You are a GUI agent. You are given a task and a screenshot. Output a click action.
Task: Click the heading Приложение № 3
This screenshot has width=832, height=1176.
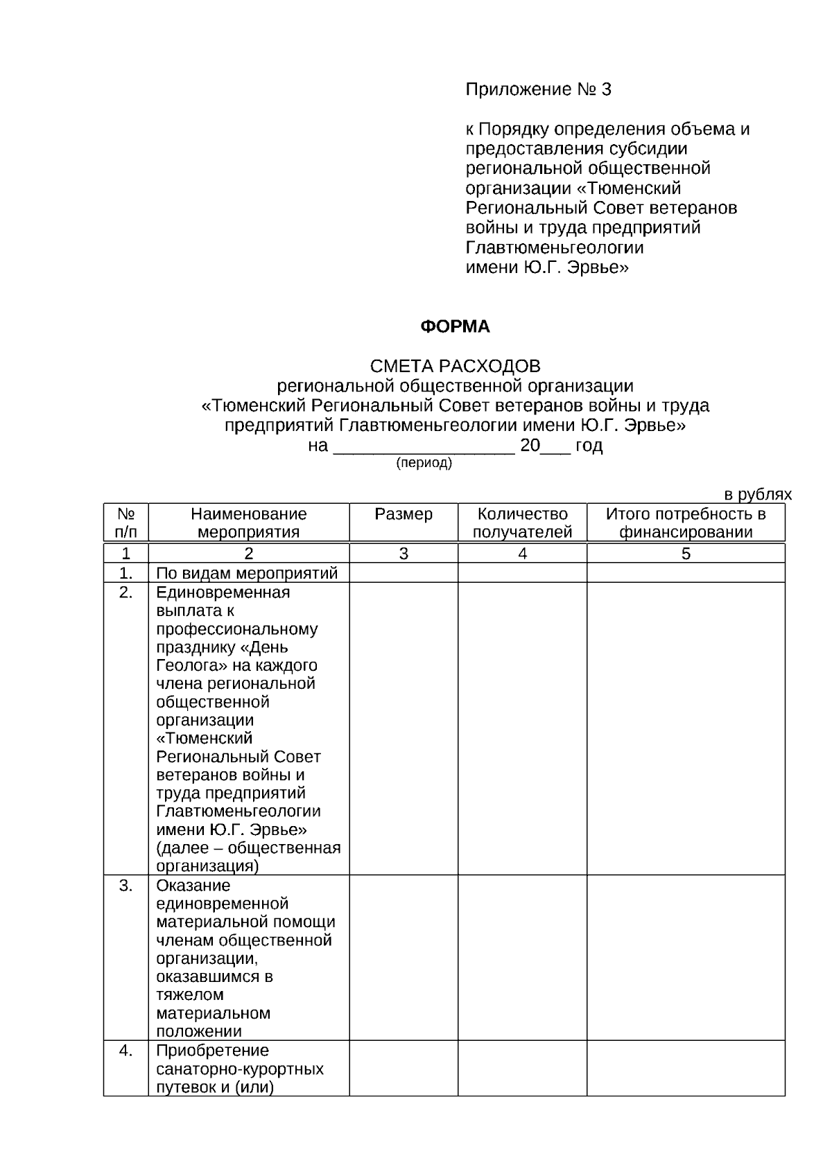[538, 89]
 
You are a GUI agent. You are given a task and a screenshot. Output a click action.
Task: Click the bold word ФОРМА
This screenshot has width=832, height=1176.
[455, 326]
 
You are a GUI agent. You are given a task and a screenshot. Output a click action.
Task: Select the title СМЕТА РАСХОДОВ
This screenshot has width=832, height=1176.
[455, 366]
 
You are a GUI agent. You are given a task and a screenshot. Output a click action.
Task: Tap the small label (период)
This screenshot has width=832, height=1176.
[424, 464]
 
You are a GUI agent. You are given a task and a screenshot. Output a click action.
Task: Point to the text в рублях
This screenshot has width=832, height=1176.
[758, 495]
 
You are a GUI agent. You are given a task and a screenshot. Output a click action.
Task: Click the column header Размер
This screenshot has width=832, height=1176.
[404, 514]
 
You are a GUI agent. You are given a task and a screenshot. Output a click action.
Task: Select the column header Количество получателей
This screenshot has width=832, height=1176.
[522, 523]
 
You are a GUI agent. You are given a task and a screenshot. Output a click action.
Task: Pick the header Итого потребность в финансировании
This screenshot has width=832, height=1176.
[686, 523]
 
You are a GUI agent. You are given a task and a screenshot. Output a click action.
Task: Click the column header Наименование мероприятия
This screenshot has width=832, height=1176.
[248, 523]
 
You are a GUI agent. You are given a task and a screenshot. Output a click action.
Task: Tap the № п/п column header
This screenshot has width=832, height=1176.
[125, 523]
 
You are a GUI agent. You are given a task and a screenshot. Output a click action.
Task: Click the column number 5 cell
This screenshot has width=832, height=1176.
[686, 554]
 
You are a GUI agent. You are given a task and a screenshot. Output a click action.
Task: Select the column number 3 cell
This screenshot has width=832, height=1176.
[404, 554]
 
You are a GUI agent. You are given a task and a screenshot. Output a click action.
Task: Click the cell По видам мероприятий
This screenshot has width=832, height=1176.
[247, 573]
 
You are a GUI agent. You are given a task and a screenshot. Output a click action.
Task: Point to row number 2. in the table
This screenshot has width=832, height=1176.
[125, 593]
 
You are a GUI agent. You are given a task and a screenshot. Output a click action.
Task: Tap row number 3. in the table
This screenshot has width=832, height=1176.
[125, 886]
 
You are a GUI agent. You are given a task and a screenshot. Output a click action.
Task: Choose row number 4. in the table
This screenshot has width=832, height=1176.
[125, 1051]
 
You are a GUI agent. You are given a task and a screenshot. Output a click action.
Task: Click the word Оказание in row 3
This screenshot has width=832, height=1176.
[193, 886]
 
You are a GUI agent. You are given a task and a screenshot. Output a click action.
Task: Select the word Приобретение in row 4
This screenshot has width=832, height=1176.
[212, 1051]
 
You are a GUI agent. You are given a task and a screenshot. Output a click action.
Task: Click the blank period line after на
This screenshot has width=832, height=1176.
[424, 448]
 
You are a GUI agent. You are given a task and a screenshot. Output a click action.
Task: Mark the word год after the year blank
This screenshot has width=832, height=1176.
[589, 446]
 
